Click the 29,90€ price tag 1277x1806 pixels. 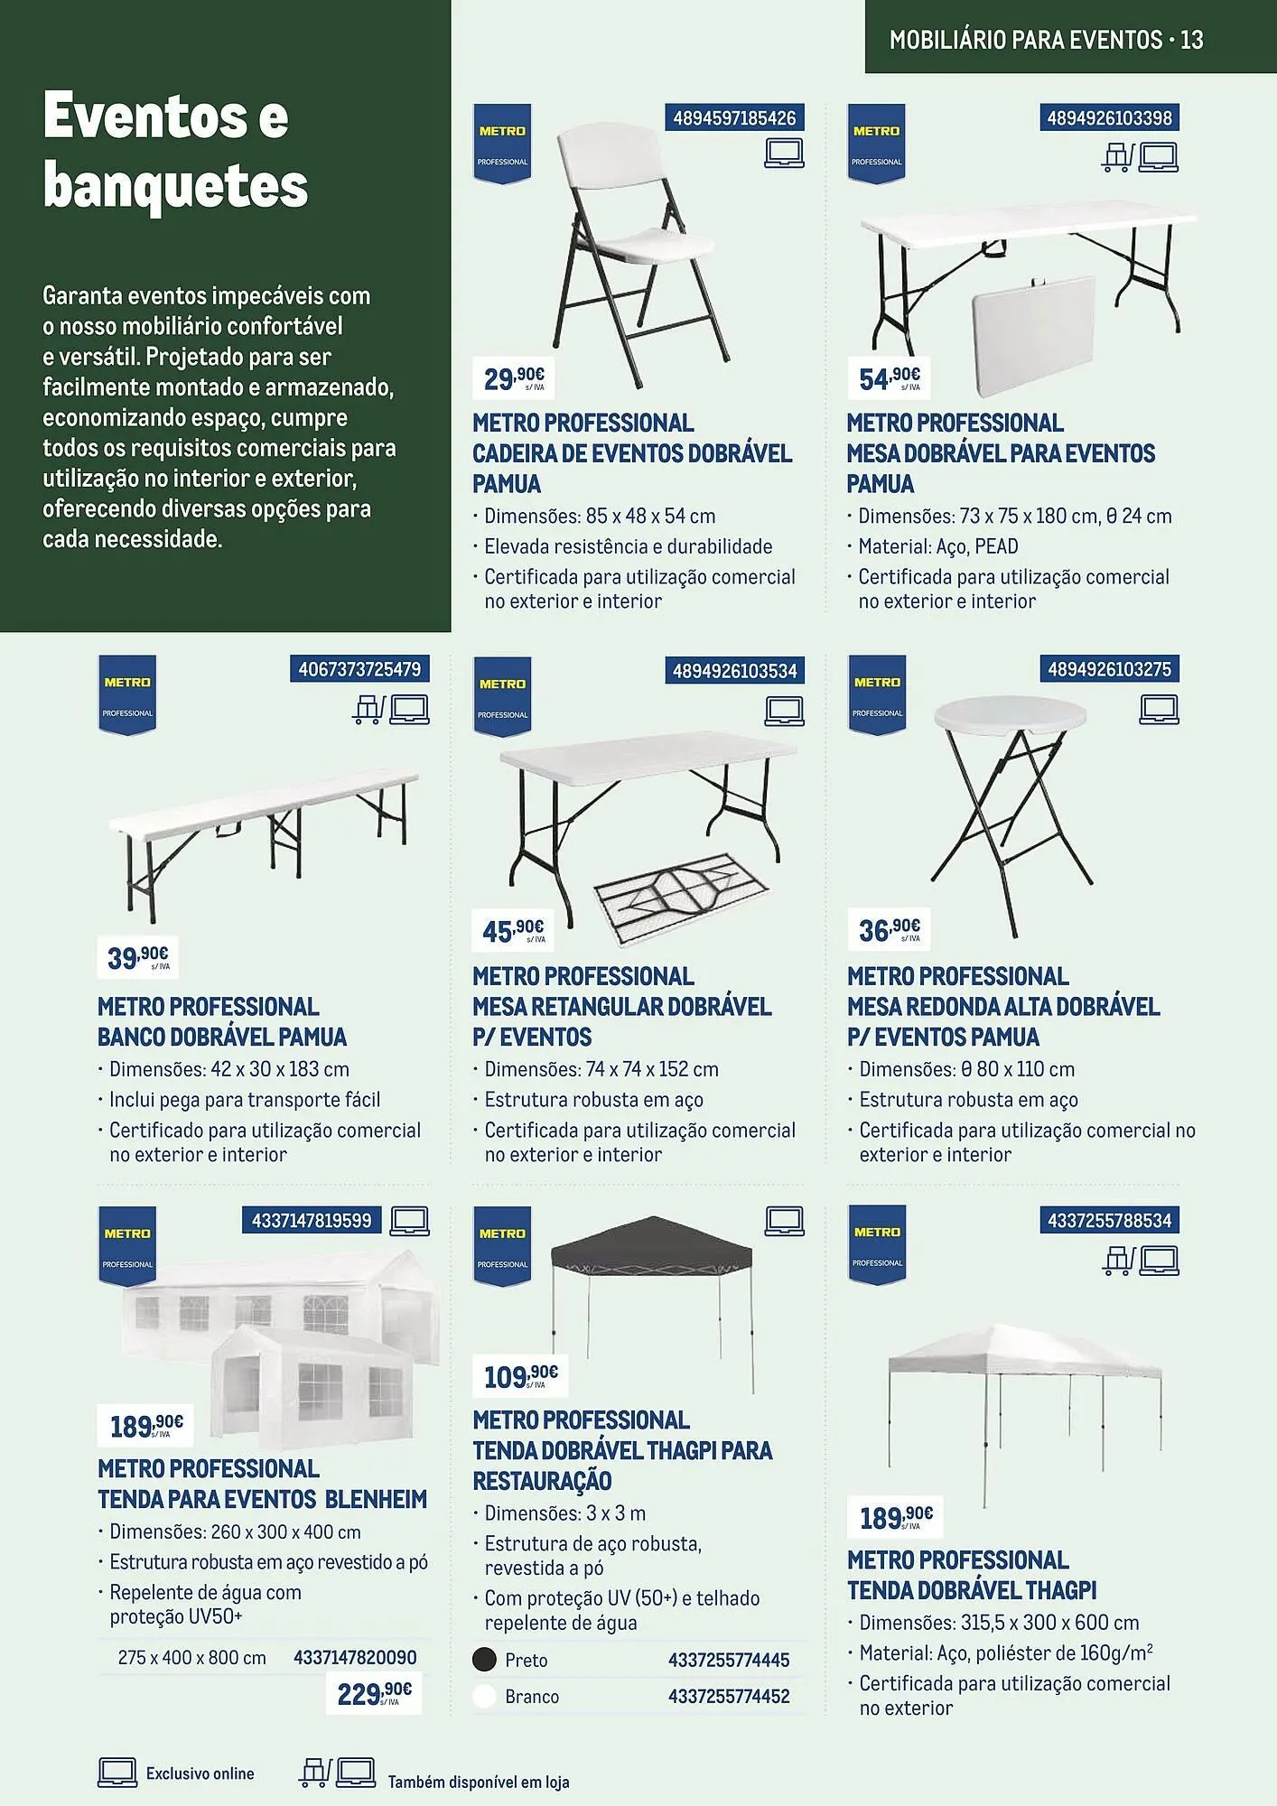[513, 377]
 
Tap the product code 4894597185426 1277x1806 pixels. [734, 118]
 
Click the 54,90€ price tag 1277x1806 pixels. [889, 377]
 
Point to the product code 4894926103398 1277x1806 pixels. [1109, 118]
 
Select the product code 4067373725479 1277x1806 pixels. [359, 670]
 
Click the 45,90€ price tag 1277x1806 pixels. [512, 930]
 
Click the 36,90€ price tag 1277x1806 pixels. [889, 929]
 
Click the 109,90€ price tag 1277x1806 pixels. [520, 1376]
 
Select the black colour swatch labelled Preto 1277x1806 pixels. [485, 1660]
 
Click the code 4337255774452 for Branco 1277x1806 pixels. [729, 1697]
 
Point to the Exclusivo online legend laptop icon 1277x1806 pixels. [117, 1773]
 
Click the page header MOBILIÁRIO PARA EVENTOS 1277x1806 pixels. [1025, 40]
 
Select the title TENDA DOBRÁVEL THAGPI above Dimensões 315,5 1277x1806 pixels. [972, 1590]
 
